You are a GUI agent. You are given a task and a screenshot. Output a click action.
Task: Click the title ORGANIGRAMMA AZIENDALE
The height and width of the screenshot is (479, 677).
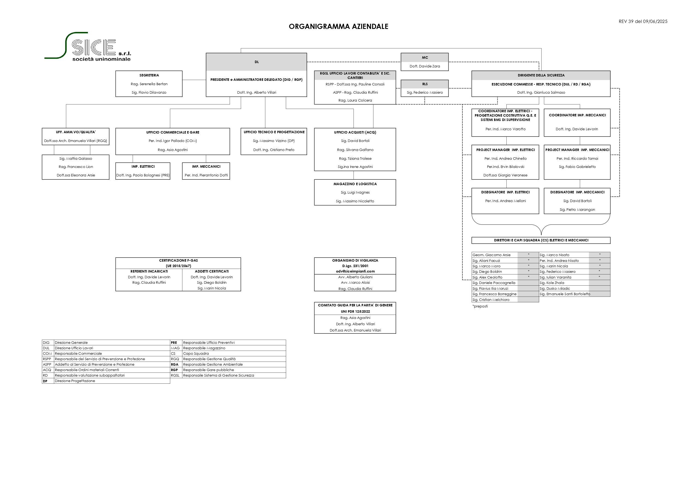pos(339,26)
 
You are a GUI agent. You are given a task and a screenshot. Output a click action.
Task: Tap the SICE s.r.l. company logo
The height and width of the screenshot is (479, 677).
pos(88,47)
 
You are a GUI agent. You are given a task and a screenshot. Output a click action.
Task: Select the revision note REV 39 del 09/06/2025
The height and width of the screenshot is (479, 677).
pos(643,21)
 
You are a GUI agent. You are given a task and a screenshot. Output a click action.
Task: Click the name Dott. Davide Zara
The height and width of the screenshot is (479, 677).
pos(424,66)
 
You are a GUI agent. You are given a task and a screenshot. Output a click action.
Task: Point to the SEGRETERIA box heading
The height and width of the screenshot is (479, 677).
pos(149,75)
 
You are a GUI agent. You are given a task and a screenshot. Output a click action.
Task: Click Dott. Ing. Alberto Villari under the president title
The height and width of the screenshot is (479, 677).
pos(257,92)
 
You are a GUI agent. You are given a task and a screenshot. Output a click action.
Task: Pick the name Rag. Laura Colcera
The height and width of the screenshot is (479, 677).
pos(355,100)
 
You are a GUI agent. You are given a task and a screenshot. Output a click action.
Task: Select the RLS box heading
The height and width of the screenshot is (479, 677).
pos(424,84)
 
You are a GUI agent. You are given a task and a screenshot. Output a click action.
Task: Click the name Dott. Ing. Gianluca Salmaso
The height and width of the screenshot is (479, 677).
pos(541,92)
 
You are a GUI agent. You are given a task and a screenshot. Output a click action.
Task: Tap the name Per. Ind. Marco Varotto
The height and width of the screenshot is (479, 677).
pos(505,129)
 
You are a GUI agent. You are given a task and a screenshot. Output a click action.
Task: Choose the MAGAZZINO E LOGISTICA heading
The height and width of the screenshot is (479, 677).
pos(355,184)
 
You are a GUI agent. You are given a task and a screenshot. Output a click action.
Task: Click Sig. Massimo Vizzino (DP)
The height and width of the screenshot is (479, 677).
pos(274,141)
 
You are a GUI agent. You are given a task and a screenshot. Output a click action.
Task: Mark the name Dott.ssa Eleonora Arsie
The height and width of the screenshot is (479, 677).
pos(76,175)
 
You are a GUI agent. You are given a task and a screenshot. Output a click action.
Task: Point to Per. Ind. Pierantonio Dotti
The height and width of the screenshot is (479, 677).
pos(206,175)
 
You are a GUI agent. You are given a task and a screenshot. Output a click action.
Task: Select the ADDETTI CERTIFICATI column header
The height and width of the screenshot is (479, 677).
pos(212,271)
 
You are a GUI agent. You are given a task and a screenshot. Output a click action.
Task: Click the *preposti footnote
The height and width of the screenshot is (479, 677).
pos(480,306)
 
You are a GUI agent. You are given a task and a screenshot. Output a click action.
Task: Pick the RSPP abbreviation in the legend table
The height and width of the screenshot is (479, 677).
pos(47,359)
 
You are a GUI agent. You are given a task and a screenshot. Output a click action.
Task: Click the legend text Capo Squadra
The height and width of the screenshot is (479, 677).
pos(196,353)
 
